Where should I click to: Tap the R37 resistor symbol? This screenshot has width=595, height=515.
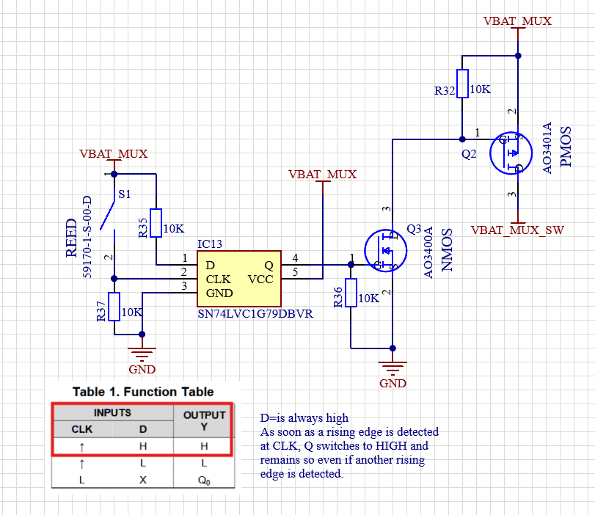(x=114, y=307)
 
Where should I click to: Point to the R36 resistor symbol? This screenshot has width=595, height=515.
(x=351, y=293)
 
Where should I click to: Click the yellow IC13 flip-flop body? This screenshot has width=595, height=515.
(x=238, y=278)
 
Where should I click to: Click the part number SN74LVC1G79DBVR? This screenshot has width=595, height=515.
(x=255, y=314)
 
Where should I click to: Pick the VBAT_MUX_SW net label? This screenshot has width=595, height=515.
(x=517, y=230)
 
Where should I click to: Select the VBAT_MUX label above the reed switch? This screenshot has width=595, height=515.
(x=114, y=154)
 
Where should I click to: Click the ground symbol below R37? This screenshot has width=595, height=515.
(x=142, y=352)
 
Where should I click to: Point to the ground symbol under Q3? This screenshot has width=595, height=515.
(x=393, y=367)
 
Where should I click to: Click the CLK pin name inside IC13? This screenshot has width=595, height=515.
(x=219, y=279)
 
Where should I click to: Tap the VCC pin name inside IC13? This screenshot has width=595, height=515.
(x=260, y=279)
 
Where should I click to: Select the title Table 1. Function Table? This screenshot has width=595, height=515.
(x=143, y=392)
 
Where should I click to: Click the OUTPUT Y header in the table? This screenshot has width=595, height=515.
(x=204, y=420)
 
